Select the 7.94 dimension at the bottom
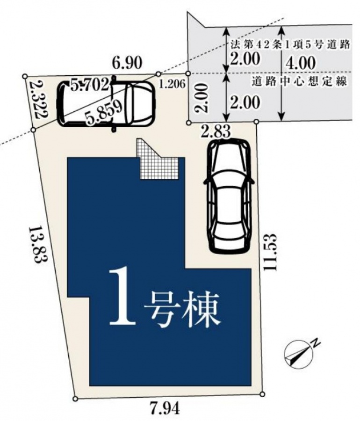click(x=165, y=409)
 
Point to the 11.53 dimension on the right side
click(x=270, y=252)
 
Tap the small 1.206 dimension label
click(x=172, y=84)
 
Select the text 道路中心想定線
click(x=300, y=81)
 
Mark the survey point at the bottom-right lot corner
click(x=262, y=394)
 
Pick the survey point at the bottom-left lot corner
click(x=76, y=399)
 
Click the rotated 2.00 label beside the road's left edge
click(x=202, y=98)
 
